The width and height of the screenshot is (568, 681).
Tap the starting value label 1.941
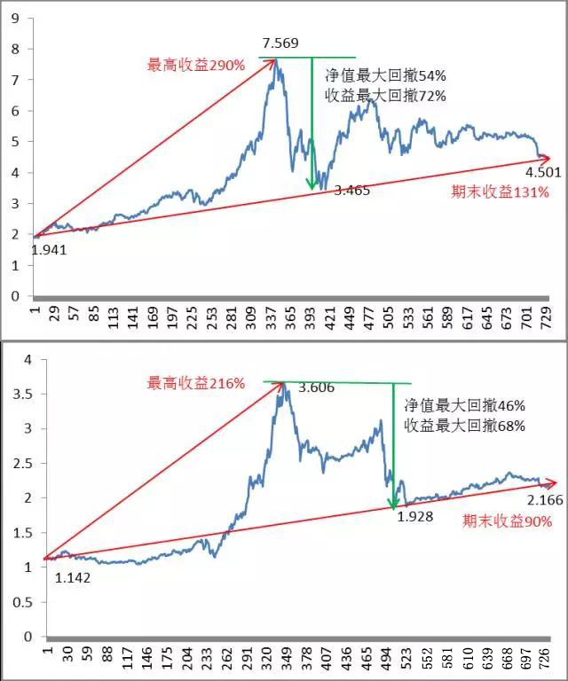coord(49,250)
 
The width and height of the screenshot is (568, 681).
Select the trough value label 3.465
coord(351,190)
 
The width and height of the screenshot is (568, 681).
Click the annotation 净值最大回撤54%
coord(386,76)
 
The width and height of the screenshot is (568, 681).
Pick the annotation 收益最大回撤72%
coord(386,95)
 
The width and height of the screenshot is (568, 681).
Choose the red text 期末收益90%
coord(508,521)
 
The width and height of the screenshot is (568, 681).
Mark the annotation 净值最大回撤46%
coord(466,406)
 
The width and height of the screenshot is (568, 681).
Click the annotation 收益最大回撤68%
coord(466,426)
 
